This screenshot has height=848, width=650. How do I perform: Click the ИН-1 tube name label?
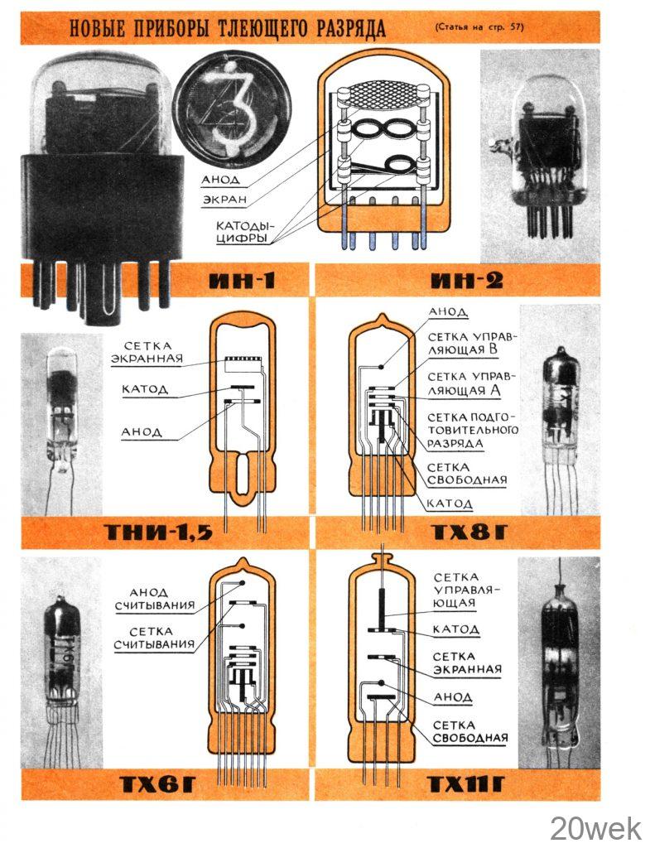(x=242, y=280)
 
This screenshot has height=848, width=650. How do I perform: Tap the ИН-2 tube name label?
(x=467, y=280)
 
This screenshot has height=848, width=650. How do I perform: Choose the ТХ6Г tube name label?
(x=156, y=784)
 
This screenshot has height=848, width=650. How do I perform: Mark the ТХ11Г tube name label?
(x=466, y=784)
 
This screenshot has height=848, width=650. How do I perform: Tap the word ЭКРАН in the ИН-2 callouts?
(x=225, y=200)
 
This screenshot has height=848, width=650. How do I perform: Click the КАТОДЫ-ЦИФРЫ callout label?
(x=245, y=232)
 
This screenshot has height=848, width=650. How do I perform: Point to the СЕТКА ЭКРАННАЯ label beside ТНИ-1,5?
(x=147, y=352)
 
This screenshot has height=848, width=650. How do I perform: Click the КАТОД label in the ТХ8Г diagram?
(x=450, y=503)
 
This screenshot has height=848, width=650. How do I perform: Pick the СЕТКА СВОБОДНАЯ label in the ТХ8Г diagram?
(x=467, y=474)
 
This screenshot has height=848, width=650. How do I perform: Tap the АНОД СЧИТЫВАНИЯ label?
(x=155, y=600)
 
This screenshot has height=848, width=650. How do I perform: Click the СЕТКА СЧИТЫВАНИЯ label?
(x=155, y=638)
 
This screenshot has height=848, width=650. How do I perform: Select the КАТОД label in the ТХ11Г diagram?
(x=455, y=629)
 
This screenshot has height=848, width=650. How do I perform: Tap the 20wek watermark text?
(x=595, y=827)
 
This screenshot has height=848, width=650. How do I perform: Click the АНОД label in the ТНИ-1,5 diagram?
(x=142, y=432)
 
